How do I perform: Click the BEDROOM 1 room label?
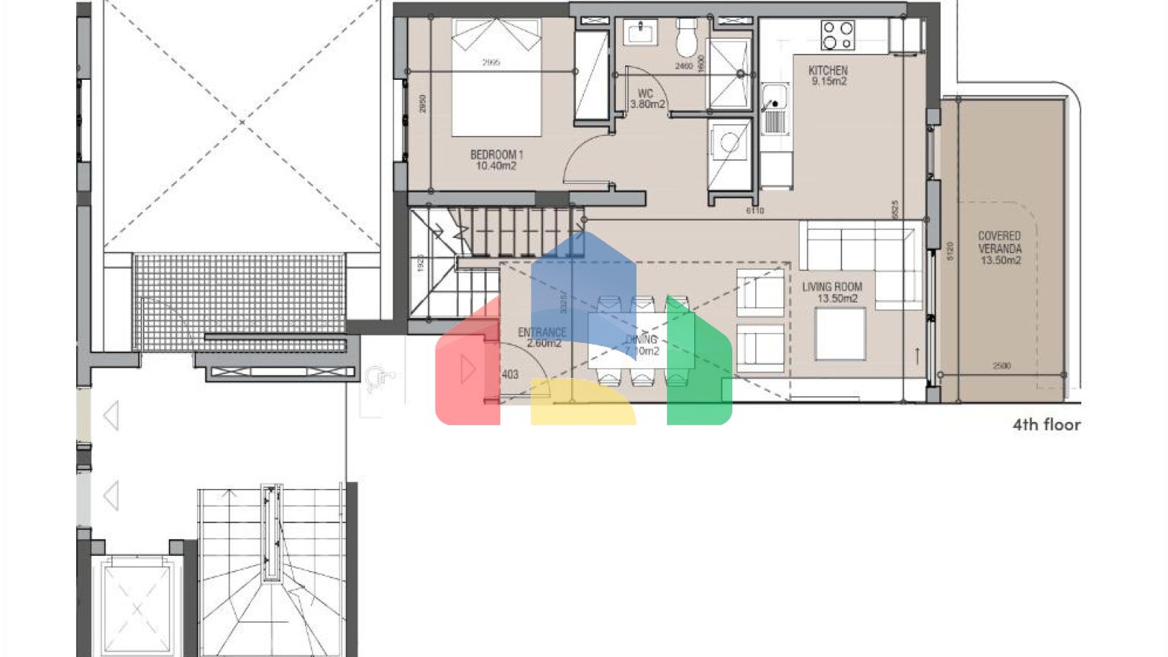click(497, 160)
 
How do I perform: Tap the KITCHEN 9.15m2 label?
click(828, 75)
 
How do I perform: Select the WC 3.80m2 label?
click(646, 99)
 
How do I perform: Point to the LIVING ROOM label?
click(833, 292)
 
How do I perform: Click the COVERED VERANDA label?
click(999, 248)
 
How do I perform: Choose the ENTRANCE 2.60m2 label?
click(541, 338)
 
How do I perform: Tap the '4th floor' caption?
click(1046, 425)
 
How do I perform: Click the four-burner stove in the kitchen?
click(837, 35)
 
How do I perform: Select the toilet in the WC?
click(687, 37)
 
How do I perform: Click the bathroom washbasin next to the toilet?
click(641, 33)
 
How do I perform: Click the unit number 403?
click(509, 374)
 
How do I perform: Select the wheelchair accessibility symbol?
click(377, 378)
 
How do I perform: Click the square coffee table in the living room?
click(839, 334)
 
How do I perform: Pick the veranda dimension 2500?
click(1001, 366)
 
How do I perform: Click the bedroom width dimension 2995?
click(490, 62)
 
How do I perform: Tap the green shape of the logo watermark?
click(700, 365)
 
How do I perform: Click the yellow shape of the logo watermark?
click(582, 403)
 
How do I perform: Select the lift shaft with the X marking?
click(136, 607)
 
